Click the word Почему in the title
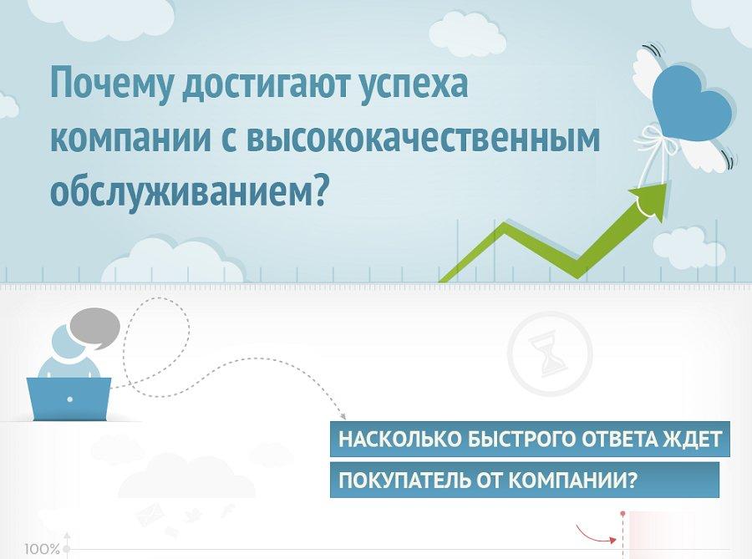pyautogui.click(x=111, y=84)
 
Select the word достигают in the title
pyautogui.click(x=265, y=83)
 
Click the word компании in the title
pyautogui.click(x=130, y=138)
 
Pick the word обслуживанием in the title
pyautogui.click(x=188, y=191)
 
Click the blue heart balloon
pyautogui.click(x=692, y=102)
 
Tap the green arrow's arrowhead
pyautogui.click(x=650, y=201)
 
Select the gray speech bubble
pyautogui.click(x=95, y=328)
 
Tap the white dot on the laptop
pyautogui.click(x=70, y=399)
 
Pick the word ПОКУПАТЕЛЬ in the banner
pyautogui.click(x=404, y=480)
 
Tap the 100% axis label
pyautogui.click(x=43, y=549)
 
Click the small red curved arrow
pyautogui.click(x=596, y=534)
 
